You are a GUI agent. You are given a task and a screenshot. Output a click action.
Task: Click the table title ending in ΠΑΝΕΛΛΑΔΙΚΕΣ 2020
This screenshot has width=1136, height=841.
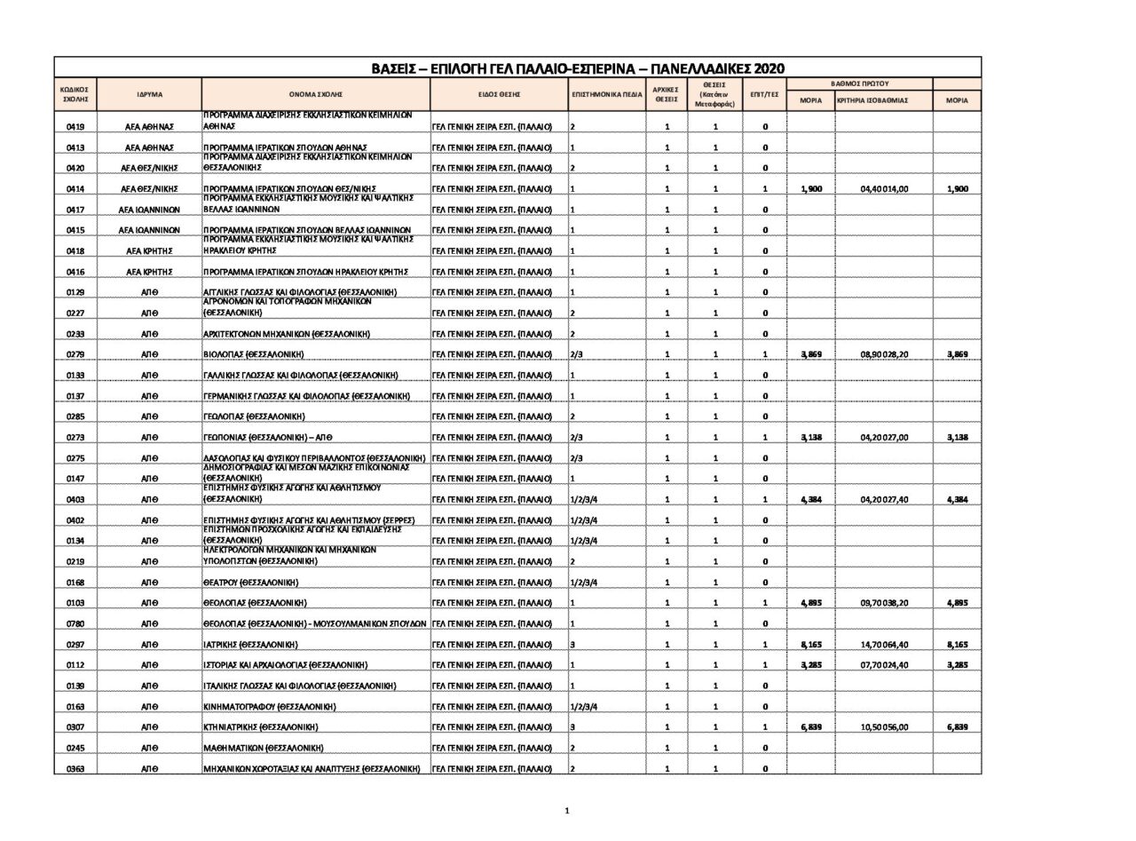click(x=578, y=68)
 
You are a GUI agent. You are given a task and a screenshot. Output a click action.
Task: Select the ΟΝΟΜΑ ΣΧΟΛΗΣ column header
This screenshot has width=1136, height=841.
click(x=315, y=94)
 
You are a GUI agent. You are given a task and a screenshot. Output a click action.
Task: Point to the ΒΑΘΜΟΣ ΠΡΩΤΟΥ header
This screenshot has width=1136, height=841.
click(x=859, y=83)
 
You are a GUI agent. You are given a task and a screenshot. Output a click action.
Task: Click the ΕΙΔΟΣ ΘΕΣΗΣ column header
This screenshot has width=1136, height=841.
click(x=499, y=94)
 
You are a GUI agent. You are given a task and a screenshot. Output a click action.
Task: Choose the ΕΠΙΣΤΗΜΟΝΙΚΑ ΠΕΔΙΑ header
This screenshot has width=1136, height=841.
click(x=607, y=94)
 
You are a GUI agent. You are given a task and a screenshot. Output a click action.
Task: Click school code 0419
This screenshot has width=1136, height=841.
click(x=75, y=127)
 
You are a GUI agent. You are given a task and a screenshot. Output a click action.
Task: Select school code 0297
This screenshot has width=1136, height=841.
click(x=75, y=645)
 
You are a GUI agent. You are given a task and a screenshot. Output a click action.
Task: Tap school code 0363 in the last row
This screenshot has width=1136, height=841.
click(x=75, y=769)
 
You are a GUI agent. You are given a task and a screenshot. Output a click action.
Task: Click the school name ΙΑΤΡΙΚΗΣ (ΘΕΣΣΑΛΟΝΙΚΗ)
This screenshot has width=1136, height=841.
click(x=250, y=645)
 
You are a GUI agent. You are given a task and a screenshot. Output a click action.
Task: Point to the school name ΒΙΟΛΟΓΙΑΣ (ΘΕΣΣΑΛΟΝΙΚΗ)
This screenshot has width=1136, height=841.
click(x=254, y=354)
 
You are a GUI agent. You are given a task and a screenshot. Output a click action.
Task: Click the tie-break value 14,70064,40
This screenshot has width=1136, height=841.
click(x=884, y=645)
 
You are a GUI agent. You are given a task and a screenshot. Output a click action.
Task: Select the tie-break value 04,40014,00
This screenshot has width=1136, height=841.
click(x=884, y=189)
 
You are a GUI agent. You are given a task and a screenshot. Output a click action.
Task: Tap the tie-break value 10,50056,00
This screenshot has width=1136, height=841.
click(x=884, y=727)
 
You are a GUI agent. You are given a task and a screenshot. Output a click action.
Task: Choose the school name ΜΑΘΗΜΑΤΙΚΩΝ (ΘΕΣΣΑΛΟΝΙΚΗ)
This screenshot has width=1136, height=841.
click(x=263, y=748)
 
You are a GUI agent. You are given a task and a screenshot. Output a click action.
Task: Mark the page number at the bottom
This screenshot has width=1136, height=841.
click(x=567, y=810)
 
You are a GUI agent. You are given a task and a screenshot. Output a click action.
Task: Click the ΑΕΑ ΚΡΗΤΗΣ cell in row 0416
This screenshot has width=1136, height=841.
click(x=149, y=272)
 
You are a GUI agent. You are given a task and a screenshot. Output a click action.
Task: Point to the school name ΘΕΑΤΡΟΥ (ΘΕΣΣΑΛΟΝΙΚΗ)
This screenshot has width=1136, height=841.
click(x=251, y=583)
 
